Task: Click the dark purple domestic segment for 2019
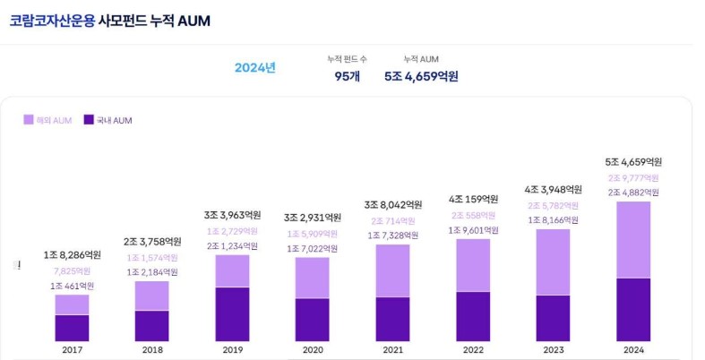[233, 313]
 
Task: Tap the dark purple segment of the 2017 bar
[72, 328]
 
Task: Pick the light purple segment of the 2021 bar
[393, 270]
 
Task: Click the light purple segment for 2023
[554, 261]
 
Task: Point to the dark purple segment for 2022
[473, 316]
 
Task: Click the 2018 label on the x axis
[152, 350]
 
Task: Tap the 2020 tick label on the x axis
[313, 350]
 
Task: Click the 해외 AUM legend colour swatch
[29, 120]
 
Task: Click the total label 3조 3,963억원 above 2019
[233, 215]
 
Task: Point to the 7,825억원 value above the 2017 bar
[72, 270]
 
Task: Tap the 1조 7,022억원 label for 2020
[313, 249]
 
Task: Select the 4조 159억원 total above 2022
[473, 199]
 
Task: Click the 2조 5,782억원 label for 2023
[554, 204]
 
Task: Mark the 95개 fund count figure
[347, 76]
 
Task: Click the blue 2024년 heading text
[254, 68]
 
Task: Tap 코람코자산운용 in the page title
[51, 20]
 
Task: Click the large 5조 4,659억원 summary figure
[421, 76]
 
